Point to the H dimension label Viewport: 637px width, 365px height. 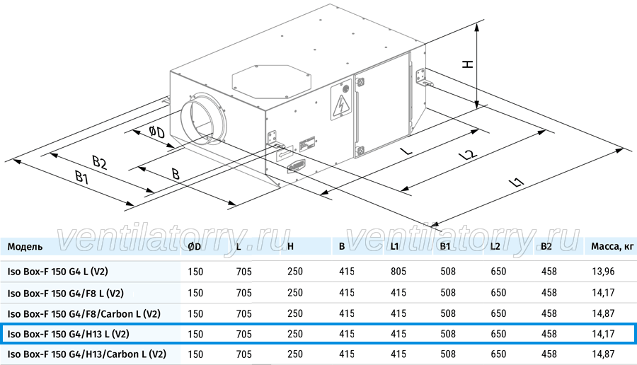468,64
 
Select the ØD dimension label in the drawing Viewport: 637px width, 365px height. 156,132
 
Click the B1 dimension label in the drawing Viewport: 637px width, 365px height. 81,177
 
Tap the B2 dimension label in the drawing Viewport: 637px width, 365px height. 100,162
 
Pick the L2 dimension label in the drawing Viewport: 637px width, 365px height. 468,155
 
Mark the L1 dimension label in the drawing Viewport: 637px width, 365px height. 517,182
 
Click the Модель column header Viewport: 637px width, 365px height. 25,246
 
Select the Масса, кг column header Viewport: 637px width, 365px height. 612,246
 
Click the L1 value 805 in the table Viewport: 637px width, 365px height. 398,271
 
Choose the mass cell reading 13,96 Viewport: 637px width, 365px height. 603,271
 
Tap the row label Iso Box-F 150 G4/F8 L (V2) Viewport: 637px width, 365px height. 65,293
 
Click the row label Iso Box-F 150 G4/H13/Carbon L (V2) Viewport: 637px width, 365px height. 87,354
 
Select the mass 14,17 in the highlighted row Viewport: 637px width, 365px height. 603,334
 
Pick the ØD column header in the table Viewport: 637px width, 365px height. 195,246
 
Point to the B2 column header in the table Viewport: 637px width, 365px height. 546,246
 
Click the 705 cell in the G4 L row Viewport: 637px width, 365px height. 243,271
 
